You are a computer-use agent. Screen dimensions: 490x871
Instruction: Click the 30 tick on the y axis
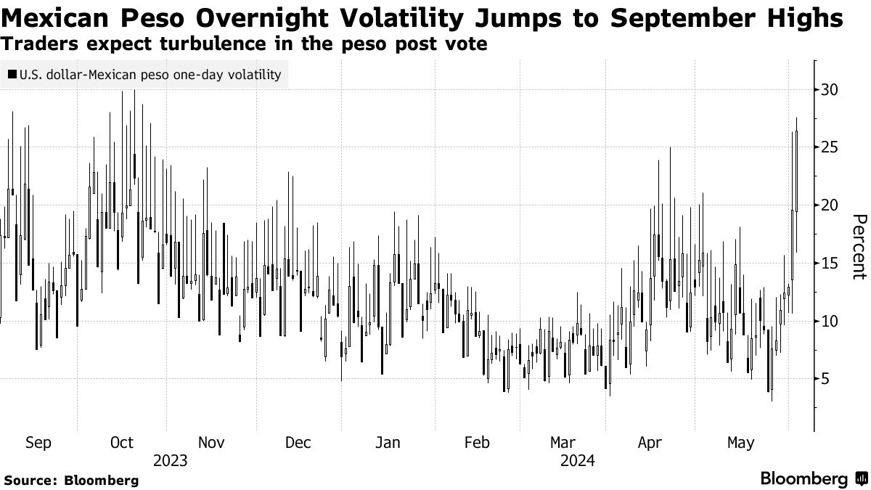[829, 89]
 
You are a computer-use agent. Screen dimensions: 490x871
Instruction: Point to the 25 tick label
[829, 147]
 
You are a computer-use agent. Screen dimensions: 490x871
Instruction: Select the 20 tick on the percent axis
[829, 205]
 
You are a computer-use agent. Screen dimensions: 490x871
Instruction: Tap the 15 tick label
[829, 263]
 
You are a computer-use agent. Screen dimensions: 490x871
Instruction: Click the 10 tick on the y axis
[829, 321]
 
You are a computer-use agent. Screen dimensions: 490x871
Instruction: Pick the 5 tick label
[825, 378]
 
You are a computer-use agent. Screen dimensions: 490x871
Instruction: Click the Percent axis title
[859, 247]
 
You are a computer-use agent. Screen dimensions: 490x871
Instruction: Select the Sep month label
[38, 443]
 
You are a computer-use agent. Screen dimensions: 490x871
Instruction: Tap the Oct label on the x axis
[121, 443]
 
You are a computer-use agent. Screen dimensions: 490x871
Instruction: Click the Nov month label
[210, 443]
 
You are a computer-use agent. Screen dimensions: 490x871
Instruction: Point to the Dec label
[298, 443]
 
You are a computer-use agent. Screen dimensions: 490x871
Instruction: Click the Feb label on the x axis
[477, 443]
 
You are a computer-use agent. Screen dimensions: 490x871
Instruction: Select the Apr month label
[650, 443]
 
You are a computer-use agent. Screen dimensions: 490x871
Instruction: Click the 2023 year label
[171, 461]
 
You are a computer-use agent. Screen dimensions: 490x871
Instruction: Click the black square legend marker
[13, 74]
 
